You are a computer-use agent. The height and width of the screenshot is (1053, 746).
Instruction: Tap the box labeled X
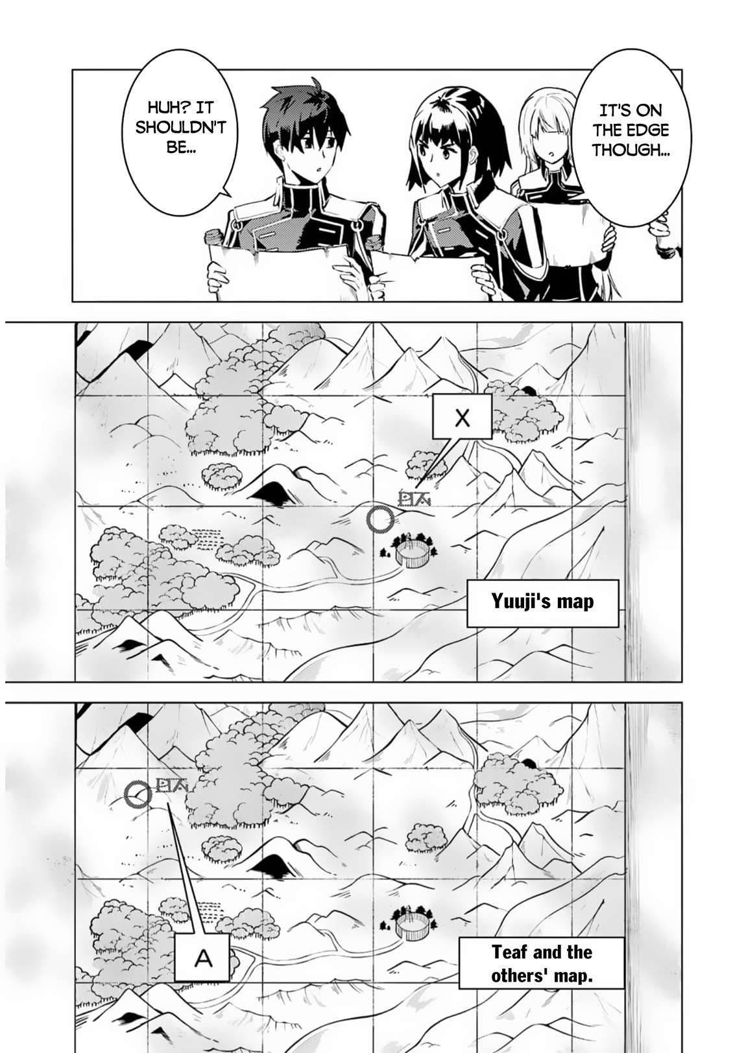462,418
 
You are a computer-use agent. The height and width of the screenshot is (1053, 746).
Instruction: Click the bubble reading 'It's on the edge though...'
629,130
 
